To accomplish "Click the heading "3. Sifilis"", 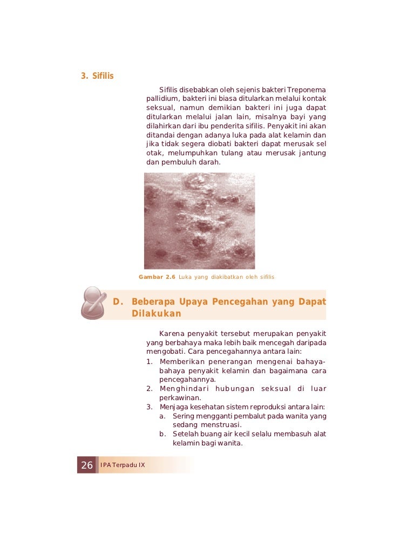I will [x=97, y=75].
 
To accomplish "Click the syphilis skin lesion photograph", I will [x=199, y=221].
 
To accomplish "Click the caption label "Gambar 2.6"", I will [x=157, y=277].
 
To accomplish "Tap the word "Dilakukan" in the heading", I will [x=156, y=313].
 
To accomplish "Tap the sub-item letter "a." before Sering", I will [x=162, y=416].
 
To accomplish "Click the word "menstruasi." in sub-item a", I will [x=207, y=425].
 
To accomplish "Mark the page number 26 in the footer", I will [x=86, y=465].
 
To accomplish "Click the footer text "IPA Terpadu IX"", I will [x=123, y=465].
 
